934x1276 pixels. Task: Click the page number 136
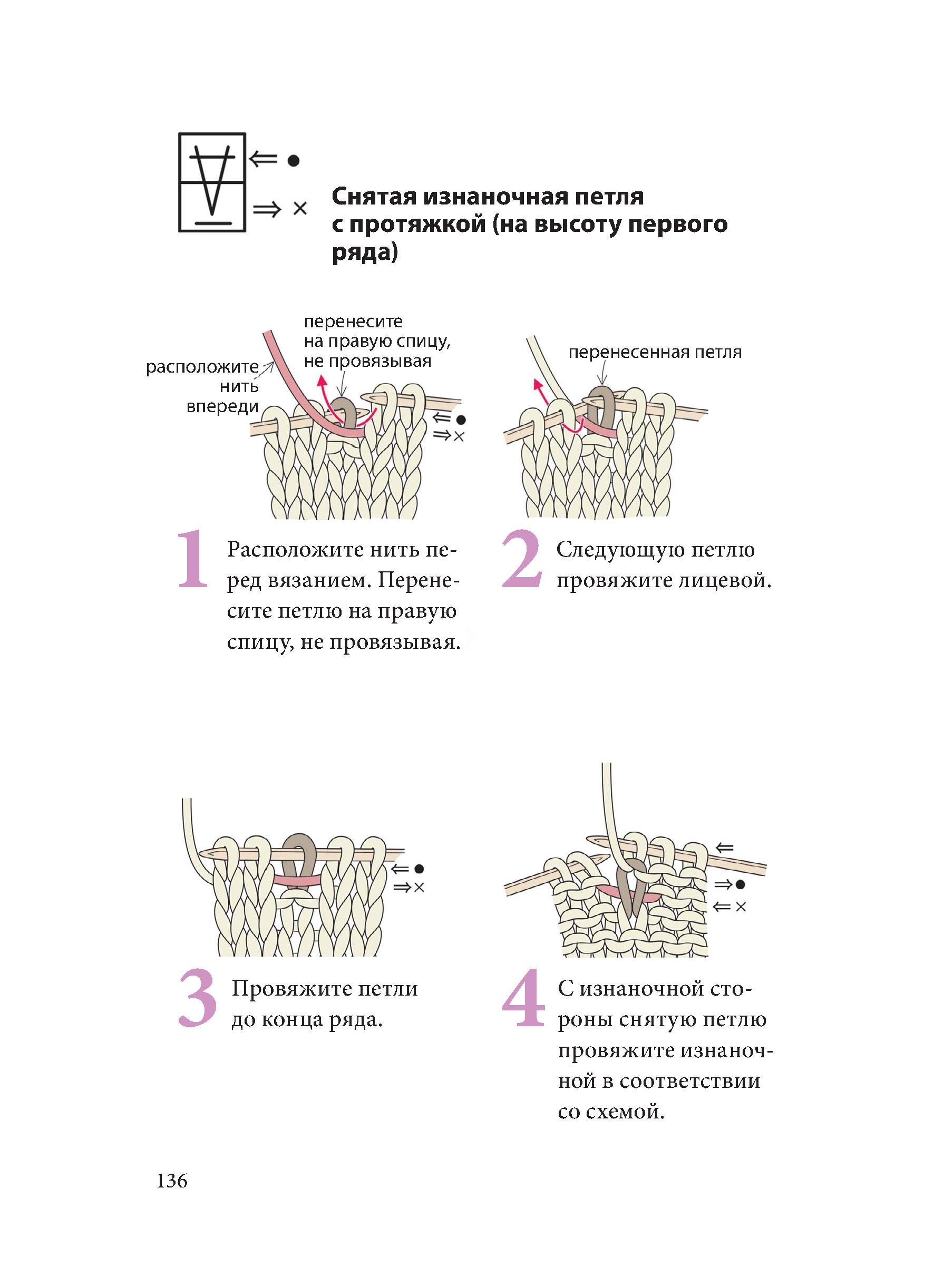[172, 1181]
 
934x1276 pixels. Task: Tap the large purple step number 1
[193, 559]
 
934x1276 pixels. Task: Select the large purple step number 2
[521, 559]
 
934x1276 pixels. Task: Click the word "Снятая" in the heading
[374, 197]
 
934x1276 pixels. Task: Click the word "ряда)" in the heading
[365, 251]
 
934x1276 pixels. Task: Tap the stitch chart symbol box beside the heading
[212, 182]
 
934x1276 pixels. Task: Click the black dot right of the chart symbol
[293, 161]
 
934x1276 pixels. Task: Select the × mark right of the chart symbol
[299, 209]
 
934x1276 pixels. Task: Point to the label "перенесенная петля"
[655, 352]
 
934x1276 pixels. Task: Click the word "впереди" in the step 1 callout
[222, 406]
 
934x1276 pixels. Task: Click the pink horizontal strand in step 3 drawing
[296, 880]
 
